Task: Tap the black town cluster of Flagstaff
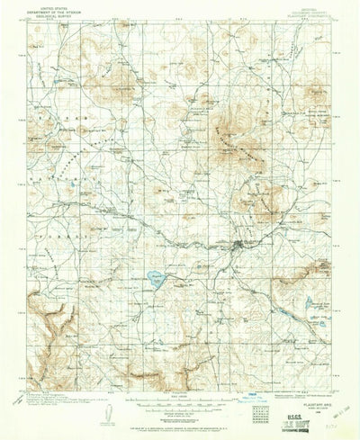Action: coord(239,245)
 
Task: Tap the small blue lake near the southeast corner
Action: coord(310,304)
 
